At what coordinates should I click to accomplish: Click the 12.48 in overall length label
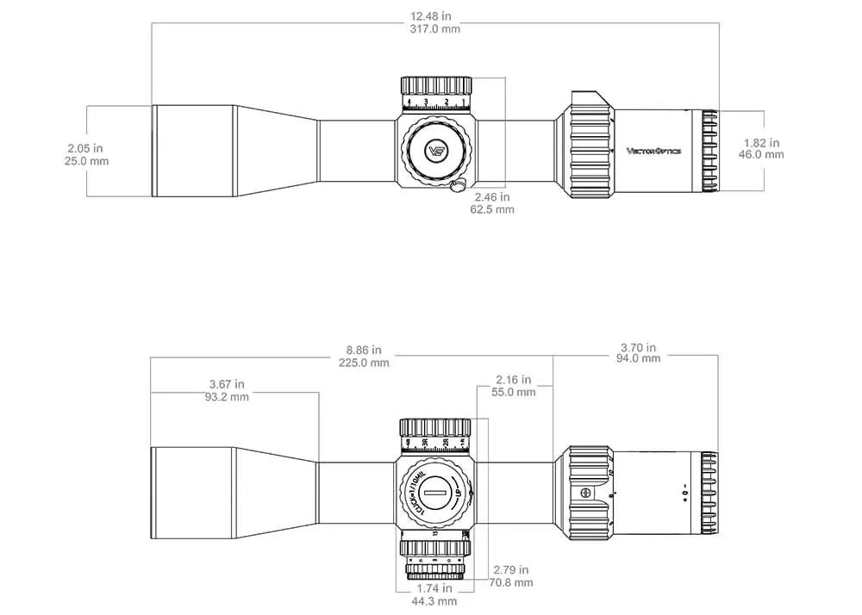[435, 16]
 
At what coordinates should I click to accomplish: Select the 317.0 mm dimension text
[435, 28]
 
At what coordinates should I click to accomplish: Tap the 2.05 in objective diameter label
[86, 147]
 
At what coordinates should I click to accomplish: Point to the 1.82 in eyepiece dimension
[762, 142]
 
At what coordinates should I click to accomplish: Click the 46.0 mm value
[762, 155]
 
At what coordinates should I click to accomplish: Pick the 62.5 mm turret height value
[492, 209]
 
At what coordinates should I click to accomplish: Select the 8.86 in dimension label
[363, 351]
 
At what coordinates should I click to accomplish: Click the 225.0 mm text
[363, 363]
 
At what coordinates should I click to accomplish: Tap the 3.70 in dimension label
[639, 346]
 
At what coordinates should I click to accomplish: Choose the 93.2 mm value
[227, 397]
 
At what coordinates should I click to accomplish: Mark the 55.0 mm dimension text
[514, 392]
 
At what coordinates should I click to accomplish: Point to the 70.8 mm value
[511, 582]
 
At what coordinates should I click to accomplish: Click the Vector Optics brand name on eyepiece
[653, 151]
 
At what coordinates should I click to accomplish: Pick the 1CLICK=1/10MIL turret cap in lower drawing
[436, 494]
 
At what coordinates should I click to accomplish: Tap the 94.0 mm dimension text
[639, 358]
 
